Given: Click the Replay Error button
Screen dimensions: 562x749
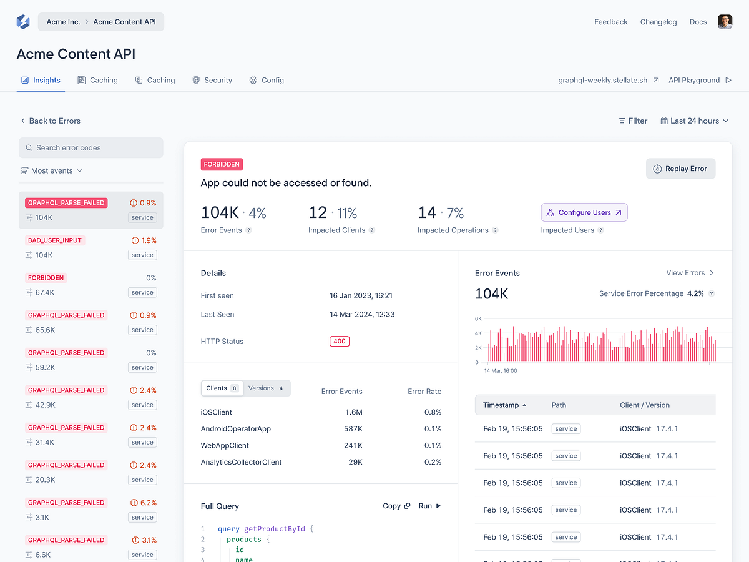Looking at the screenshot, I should (680, 169).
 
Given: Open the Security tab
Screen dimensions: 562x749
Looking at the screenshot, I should (212, 81).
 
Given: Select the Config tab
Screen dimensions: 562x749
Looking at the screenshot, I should (267, 81).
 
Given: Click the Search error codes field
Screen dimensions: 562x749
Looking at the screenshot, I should (91, 148).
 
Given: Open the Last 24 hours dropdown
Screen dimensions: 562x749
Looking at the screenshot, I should (694, 121).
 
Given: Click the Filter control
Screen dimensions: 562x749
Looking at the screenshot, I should (633, 121).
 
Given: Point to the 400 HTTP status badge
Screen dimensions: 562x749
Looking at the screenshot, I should (340, 342).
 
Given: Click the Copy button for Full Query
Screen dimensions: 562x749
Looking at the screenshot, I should (396, 506).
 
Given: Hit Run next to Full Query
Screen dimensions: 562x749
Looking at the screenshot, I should (429, 506).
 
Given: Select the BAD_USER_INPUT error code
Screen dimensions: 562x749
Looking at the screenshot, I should (55, 240).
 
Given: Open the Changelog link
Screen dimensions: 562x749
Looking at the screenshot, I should (658, 22).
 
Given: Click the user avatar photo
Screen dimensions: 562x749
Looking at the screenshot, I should (725, 22).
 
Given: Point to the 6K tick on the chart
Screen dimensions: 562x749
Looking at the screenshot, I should (478, 318).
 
